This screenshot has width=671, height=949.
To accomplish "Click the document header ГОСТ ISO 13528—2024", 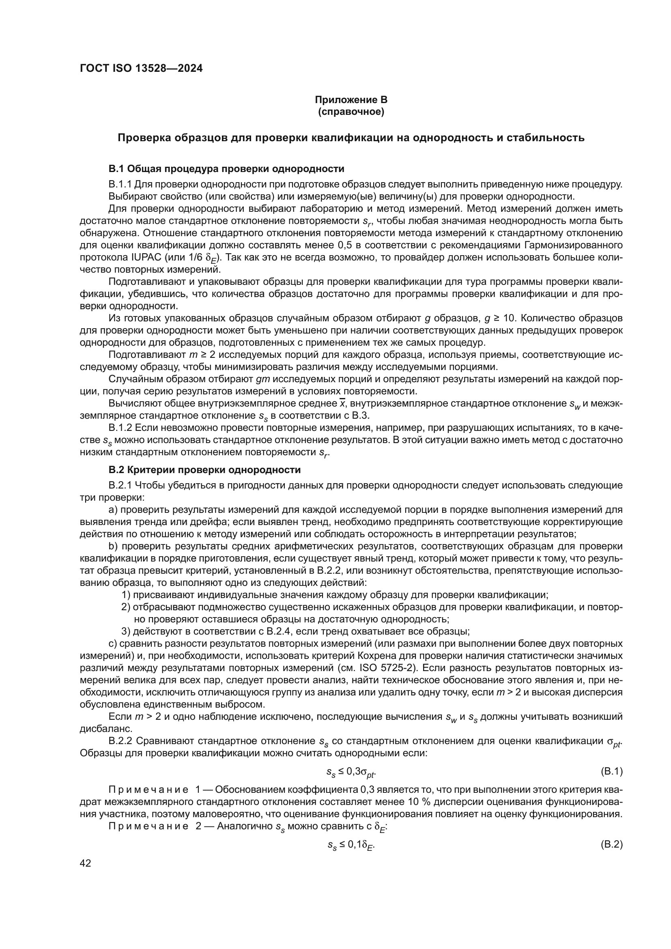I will pyautogui.click(x=141, y=69).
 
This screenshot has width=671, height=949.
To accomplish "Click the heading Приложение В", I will pyautogui.click(x=351, y=100).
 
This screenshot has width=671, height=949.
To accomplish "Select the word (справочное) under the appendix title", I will pyautogui.click(x=351, y=112).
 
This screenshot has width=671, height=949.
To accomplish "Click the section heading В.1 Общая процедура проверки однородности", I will pyautogui.click(x=226, y=169).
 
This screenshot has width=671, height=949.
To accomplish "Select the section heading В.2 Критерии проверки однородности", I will pyautogui.click(x=204, y=470).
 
